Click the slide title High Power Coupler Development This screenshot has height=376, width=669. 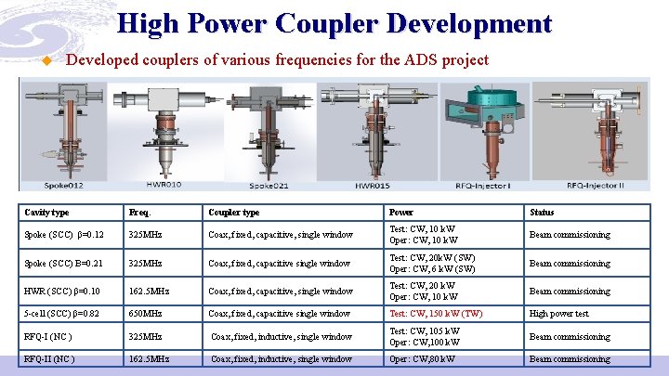334,23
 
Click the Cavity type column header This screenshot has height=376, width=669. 46,213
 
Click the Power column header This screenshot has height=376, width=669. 401,213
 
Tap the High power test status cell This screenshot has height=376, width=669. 559,314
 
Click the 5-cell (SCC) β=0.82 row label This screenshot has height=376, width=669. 62,314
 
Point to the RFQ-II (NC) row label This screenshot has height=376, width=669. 49,358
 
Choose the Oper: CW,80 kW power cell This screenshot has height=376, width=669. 423,358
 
